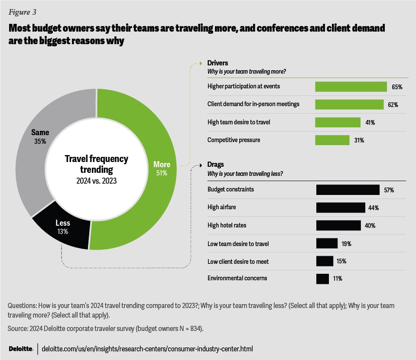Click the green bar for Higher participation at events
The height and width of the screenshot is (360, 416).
pos(351,87)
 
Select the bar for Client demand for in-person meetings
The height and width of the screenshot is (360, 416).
pos(349,104)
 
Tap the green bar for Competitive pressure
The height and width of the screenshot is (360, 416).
pos(332,140)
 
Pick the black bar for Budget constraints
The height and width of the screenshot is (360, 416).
pos(348,190)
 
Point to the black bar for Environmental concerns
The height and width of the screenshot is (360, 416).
pos(323,279)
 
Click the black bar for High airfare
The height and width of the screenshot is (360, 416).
pos(341,208)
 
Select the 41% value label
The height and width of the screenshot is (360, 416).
pos(370,123)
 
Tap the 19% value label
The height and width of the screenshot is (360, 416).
pos(346,243)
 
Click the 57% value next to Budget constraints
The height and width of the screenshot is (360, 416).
pos(388,190)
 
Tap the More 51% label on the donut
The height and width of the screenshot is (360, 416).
pos(162,168)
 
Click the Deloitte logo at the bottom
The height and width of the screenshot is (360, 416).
pos(21,348)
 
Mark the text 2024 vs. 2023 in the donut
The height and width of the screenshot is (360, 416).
pos(96,181)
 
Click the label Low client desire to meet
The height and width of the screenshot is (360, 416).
pos(239,261)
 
